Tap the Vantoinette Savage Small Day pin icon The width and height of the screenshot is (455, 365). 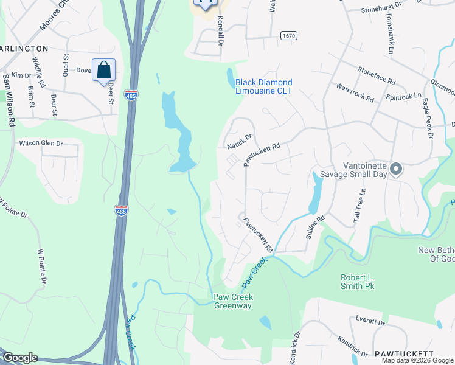pyautogui.click(x=395, y=169)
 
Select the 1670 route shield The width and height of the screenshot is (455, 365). pyautogui.click(x=288, y=36)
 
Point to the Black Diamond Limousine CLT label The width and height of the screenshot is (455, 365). pyautogui.click(x=264, y=86)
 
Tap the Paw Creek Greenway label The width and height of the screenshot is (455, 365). pyautogui.click(x=232, y=301)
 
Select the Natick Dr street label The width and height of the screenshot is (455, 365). pyautogui.click(x=239, y=144)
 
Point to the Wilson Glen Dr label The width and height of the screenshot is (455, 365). pyautogui.click(x=41, y=144)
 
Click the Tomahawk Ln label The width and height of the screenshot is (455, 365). pyautogui.click(x=390, y=30)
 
